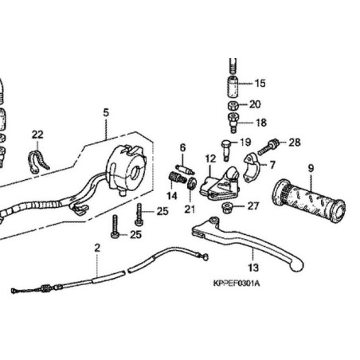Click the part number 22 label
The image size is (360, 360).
[37, 134]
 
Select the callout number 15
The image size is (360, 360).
[260, 84]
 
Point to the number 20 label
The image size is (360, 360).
[255, 104]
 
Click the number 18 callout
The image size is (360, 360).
[260, 123]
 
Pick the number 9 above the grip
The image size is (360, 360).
[311, 168]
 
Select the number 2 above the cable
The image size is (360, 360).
[97, 248]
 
